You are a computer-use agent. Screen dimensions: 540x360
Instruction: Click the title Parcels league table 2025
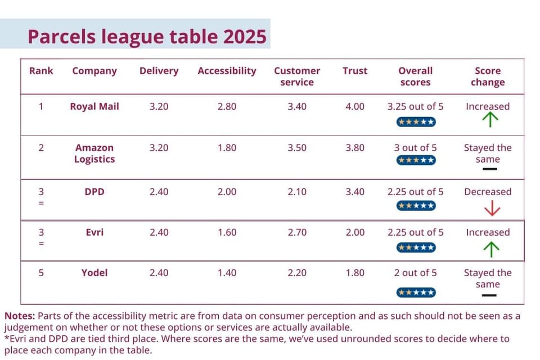click(x=147, y=37)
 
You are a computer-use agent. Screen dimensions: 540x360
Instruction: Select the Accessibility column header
click(x=227, y=71)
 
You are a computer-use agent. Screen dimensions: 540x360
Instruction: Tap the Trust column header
click(x=355, y=71)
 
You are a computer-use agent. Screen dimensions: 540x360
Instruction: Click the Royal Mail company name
click(x=94, y=106)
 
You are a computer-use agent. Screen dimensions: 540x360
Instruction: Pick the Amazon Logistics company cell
click(x=94, y=154)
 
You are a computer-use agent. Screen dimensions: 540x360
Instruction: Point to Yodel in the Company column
click(x=94, y=273)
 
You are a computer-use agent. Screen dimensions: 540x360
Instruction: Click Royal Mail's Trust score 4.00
click(x=355, y=106)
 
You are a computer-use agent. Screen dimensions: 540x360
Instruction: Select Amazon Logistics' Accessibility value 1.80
click(x=227, y=148)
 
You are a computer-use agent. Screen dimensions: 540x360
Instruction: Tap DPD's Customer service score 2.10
click(x=297, y=192)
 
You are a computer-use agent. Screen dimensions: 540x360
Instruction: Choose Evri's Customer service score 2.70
click(x=297, y=232)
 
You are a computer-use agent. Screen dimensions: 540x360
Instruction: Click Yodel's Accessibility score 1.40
click(x=227, y=273)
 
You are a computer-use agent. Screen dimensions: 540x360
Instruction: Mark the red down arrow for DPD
click(x=492, y=208)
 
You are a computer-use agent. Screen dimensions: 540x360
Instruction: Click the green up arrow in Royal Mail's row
click(x=490, y=120)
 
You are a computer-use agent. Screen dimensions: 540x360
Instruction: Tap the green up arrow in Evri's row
click(x=491, y=249)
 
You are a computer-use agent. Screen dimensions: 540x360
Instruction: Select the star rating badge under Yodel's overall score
click(x=416, y=292)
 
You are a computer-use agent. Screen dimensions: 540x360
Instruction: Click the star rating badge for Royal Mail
click(x=416, y=122)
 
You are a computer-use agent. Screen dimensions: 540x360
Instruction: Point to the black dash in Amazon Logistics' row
click(x=490, y=169)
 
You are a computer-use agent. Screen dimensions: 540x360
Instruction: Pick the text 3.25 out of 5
click(x=415, y=106)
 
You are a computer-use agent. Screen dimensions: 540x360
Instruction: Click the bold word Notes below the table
click(x=20, y=316)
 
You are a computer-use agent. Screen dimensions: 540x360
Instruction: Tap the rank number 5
click(x=41, y=273)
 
